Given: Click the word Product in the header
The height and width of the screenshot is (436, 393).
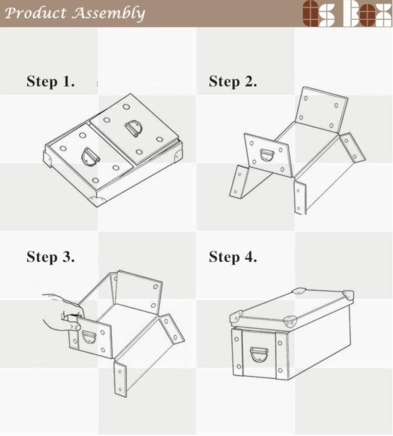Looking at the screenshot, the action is [35, 13].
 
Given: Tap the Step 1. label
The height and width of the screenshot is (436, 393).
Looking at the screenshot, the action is [51, 81].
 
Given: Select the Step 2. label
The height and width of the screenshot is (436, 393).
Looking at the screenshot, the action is [233, 81].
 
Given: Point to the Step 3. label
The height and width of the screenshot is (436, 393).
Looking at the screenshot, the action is [51, 257].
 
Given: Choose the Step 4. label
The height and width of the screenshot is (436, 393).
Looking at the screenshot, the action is [233, 257].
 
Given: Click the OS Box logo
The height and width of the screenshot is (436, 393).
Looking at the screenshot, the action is [347, 13].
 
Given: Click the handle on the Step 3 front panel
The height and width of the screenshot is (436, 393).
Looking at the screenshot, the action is [89, 337].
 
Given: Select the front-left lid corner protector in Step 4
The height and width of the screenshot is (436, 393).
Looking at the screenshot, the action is [236, 317].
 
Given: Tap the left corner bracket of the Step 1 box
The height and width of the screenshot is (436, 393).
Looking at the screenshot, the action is [48, 159].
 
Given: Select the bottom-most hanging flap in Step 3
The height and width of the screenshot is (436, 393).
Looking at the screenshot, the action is [120, 379].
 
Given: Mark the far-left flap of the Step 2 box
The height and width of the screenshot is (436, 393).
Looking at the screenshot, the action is [239, 182].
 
